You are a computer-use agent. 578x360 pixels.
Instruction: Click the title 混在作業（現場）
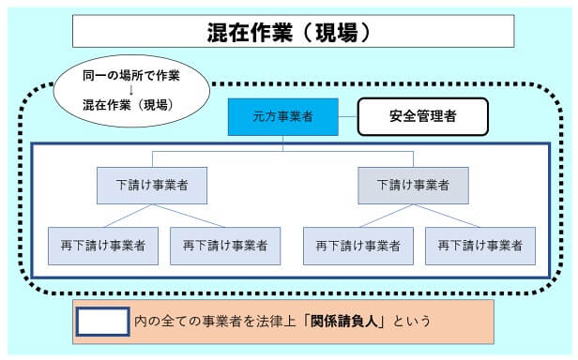[293, 31]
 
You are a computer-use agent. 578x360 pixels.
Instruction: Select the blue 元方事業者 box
[282, 117]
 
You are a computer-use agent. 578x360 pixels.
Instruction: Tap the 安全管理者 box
[422, 117]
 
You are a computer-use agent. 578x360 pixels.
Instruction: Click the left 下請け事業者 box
[152, 186]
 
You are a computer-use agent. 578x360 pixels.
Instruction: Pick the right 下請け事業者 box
[413, 186]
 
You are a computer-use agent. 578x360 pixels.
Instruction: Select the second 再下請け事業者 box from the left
[225, 245]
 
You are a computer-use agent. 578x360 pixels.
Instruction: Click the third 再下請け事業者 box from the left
[358, 245]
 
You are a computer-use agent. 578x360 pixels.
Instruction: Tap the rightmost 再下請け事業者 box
[479, 245]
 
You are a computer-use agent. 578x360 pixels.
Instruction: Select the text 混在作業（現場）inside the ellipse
[127, 105]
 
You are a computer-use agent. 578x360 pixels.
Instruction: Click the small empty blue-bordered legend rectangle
[101, 322]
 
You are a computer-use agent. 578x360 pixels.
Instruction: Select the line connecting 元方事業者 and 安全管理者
[347, 118]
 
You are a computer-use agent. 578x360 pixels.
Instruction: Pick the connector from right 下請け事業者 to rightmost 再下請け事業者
[447, 216]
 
